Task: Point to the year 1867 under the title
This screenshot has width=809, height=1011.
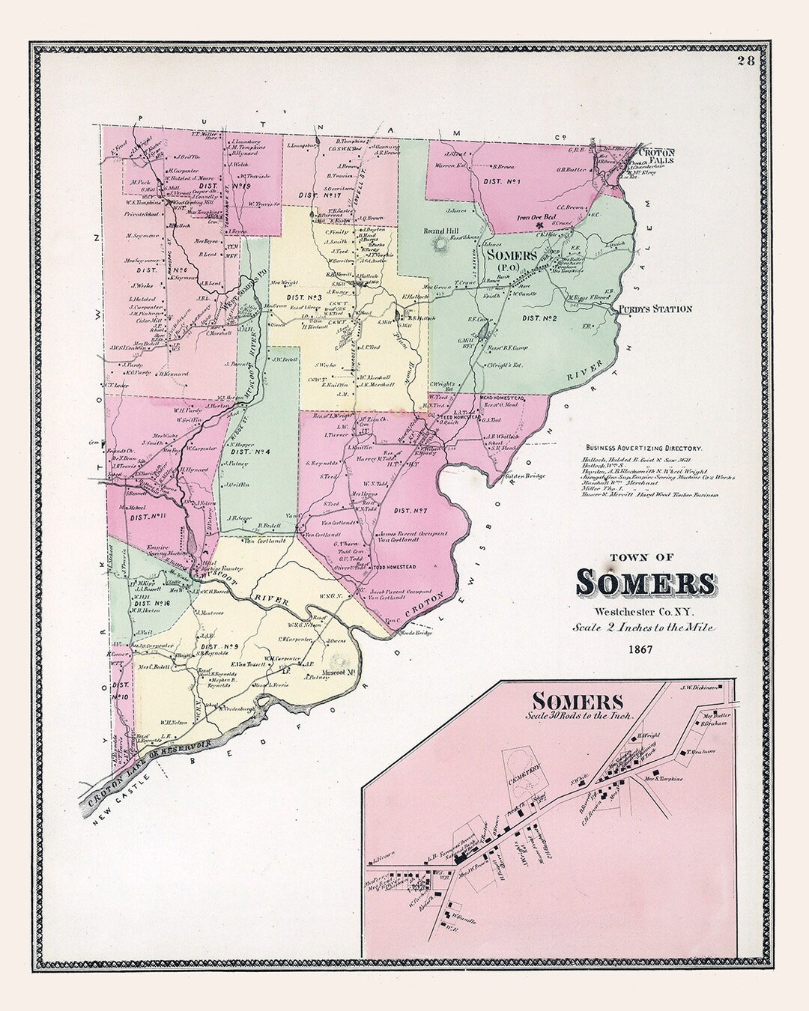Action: click(x=643, y=649)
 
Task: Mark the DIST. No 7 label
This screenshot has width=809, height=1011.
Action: click(x=409, y=511)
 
